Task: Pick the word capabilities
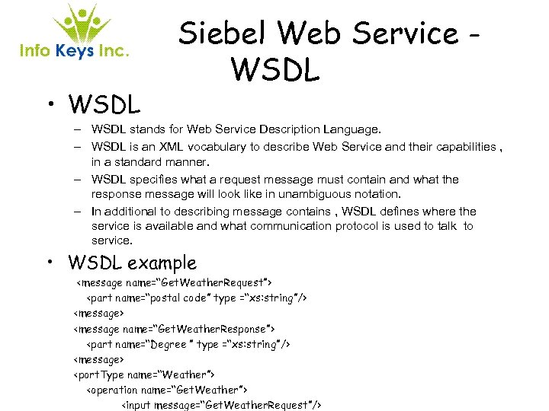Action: pos(464,146)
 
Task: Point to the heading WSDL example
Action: pos(132,263)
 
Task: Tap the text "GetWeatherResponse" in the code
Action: pos(214,329)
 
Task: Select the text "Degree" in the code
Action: pos(169,344)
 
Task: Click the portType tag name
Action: pos(100,374)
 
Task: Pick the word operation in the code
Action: pos(114,390)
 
